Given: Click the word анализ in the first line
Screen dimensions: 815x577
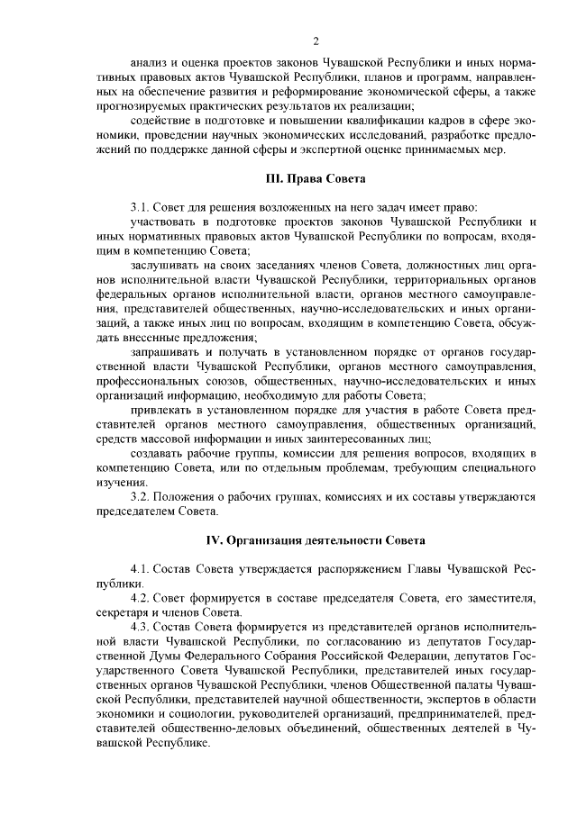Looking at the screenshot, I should pos(149,66).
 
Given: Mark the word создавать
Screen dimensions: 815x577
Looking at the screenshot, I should pos(160,454).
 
